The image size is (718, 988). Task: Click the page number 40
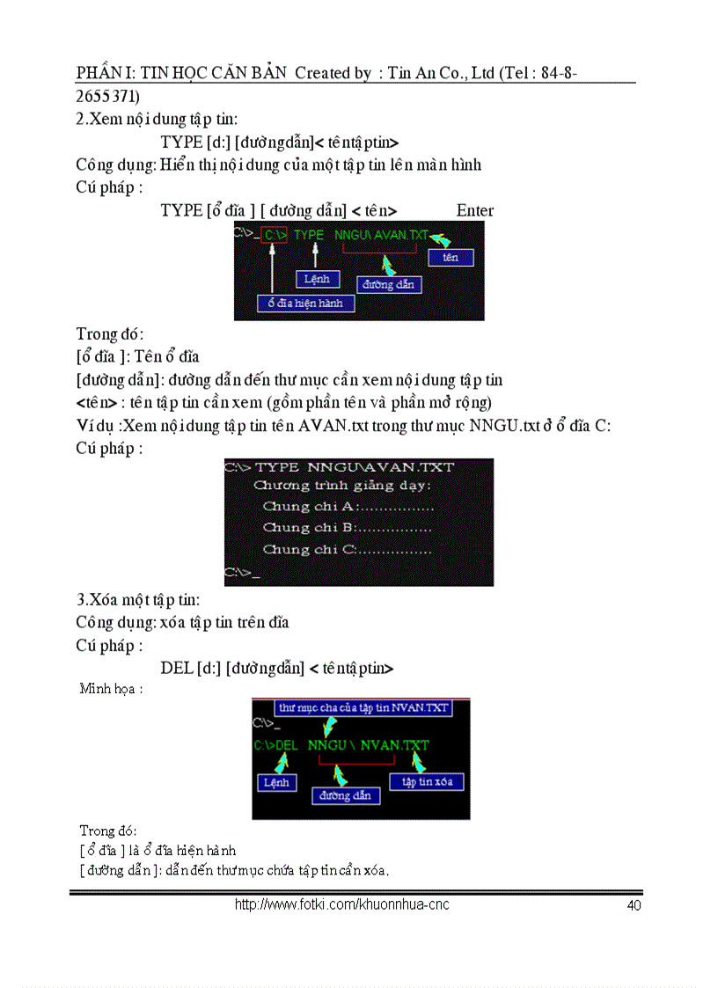click(634, 905)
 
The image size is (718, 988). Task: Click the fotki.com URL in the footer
click(341, 904)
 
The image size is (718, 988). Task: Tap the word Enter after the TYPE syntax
click(475, 210)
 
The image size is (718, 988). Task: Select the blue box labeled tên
click(451, 257)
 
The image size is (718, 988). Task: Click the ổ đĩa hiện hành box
click(305, 303)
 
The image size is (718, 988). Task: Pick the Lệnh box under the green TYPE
click(317, 279)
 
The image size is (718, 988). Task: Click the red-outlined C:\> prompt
click(275, 236)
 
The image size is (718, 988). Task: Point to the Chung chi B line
click(347, 528)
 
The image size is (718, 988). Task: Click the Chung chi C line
click(347, 550)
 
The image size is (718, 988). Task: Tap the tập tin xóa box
click(427, 781)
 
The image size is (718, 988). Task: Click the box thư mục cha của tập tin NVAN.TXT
click(363, 707)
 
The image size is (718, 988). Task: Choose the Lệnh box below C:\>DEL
click(276, 782)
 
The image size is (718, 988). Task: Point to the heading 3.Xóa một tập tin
click(138, 600)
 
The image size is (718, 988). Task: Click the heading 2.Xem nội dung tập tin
click(157, 118)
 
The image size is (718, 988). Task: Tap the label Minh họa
click(111, 688)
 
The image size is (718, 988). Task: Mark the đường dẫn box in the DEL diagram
click(346, 795)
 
